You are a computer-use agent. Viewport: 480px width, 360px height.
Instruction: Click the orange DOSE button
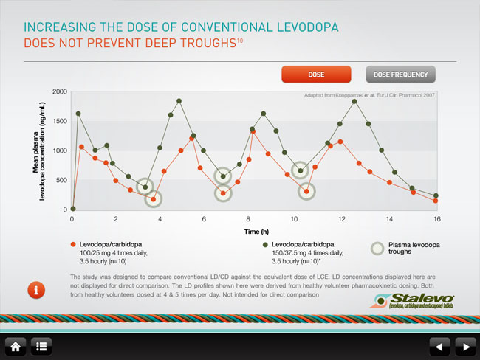tap(315, 75)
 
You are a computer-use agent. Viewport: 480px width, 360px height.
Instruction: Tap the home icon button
tap(15, 345)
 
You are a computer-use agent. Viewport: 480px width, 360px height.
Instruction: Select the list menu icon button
tap(41, 345)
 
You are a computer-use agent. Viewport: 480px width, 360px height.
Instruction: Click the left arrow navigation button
tap(439, 345)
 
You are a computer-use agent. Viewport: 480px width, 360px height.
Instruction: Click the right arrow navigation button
tap(464, 345)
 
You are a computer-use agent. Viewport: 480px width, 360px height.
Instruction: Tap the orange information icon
tap(35, 289)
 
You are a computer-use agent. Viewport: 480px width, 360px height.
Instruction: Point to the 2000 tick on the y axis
tap(59, 91)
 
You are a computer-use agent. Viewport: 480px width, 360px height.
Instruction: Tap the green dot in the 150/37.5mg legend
tap(264, 243)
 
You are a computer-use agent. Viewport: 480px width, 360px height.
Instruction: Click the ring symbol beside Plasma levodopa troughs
tap(377, 248)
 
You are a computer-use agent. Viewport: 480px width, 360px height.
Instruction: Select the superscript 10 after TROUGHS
tap(240, 40)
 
